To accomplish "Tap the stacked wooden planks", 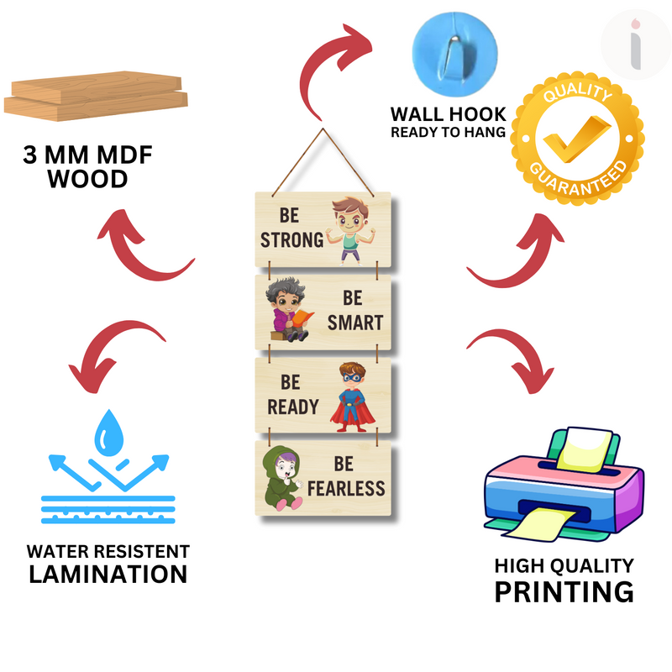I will [94, 98].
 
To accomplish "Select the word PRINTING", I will [563, 591].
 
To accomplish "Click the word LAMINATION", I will [108, 575].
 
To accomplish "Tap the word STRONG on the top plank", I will [291, 240].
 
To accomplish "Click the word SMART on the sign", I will [355, 323].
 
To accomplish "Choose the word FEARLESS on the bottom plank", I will [346, 488].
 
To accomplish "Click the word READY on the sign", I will [293, 407].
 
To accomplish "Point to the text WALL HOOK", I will [448, 113].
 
